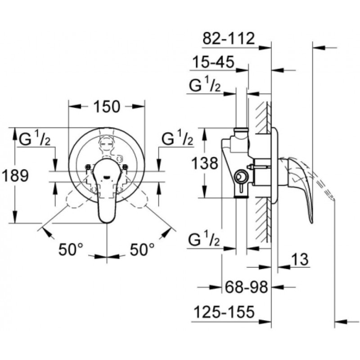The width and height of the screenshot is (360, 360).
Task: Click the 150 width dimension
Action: [107, 107]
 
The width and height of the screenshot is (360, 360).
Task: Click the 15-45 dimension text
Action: [212, 63]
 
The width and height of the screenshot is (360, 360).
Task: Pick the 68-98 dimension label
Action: [246, 286]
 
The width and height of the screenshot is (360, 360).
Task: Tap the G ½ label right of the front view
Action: [177, 139]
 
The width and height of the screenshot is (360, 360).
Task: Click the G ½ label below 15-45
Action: [205, 86]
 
